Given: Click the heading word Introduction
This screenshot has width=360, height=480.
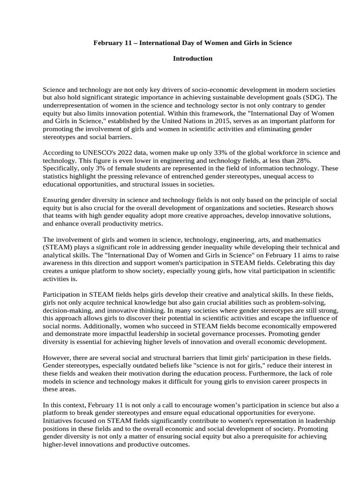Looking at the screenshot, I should click(x=193, y=59).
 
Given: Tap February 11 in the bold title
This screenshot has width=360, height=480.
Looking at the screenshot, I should click(x=111, y=43).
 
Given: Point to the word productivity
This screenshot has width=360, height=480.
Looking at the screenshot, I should click(x=122, y=224).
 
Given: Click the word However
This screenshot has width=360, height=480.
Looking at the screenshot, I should click(x=57, y=358).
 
